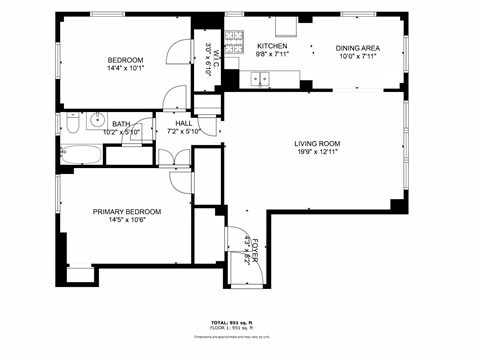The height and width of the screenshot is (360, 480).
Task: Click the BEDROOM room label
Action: coord(126,60)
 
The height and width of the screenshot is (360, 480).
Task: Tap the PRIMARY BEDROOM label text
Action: coord(127,211)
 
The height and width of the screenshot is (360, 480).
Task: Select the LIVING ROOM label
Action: coord(316,142)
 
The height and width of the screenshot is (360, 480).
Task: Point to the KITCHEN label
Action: coord(272,47)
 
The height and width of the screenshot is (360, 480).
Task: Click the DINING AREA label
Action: coord(356,47)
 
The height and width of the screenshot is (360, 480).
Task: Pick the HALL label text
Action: coord(184,123)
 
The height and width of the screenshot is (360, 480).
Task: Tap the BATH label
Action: coord(121,123)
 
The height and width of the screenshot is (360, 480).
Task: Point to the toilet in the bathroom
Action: coord(72,124)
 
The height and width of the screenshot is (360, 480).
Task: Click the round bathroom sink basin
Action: coord(98,120)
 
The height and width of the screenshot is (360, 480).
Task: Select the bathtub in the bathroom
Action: coord(81,154)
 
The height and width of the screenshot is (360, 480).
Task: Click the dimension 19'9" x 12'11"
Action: coord(316,152)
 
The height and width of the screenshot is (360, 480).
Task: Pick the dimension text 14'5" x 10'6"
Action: coord(127,221)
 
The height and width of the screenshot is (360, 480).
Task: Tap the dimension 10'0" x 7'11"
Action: coord(356,56)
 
